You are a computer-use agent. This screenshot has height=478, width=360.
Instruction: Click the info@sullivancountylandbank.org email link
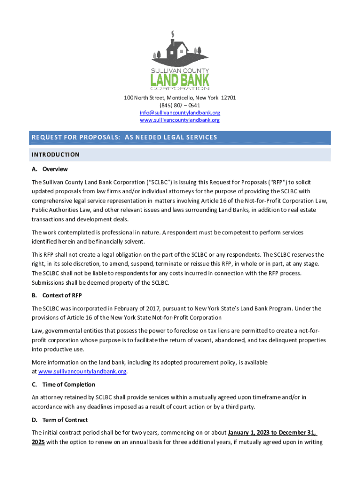point(180,113)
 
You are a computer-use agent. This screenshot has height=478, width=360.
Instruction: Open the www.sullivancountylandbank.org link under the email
point(180,120)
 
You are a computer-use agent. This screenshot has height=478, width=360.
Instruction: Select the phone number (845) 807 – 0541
point(180,105)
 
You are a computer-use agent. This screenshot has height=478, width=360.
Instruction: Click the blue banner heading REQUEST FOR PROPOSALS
point(124,137)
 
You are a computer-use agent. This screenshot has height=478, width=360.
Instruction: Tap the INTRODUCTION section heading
point(55,155)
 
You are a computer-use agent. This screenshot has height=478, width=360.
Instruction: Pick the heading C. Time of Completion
point(63,385)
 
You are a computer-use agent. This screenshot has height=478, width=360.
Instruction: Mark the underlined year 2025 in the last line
point(38,441)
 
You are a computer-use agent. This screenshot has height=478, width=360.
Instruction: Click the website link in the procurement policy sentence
point(82,372)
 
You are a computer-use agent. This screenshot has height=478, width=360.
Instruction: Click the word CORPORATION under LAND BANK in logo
point(180,88)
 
